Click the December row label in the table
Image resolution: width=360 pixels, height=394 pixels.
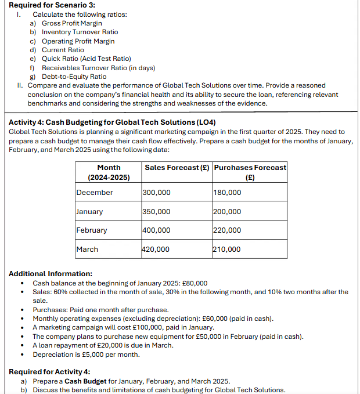coord(95,193)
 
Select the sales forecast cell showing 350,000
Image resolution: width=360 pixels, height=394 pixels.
coord(157,212)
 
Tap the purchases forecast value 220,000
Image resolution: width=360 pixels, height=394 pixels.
coord(227,230)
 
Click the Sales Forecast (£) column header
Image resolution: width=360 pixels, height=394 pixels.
coord(177,168)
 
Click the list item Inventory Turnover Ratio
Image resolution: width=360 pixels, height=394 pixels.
coord(80,32)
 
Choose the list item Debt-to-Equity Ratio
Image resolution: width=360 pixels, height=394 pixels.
coord(74,76)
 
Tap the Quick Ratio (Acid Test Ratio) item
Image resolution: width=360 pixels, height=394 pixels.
coord(86,59)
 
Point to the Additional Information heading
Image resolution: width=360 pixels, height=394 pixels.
coord(51,274)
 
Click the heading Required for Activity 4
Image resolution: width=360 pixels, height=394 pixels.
coord(49,372)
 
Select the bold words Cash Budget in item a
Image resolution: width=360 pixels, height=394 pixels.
coord(86,381)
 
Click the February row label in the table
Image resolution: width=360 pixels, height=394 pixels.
coord(92,230)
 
